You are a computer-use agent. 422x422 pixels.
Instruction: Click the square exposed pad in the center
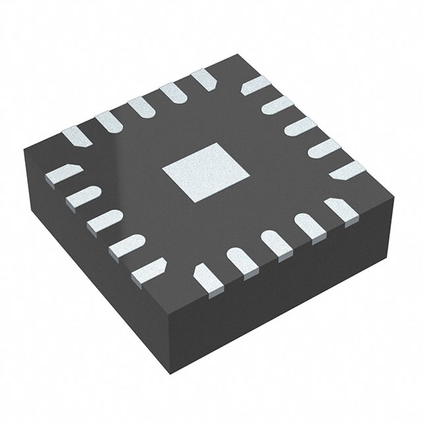click(x=205, y=172)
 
